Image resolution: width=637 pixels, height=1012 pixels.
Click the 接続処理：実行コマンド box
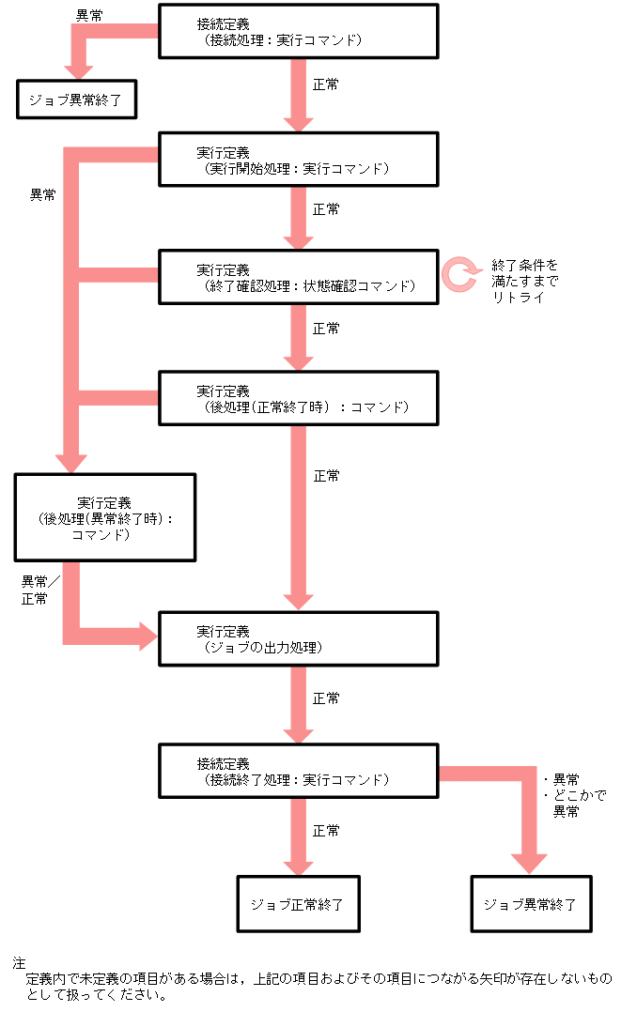(x=298, y=31)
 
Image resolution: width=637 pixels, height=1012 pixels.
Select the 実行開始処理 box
(x=298, y=160)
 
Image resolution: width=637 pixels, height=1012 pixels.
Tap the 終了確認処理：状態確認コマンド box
(x=298, y=276)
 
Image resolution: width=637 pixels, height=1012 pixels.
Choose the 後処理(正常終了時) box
(x=298, y=398)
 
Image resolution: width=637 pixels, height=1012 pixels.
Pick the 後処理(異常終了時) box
(x=104, y=517)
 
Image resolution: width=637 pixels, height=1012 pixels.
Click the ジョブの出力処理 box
(x=298, y=638)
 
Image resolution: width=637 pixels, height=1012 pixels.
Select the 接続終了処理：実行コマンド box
(x=298, y=771)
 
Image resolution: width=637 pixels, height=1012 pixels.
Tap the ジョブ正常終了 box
(x=298, y=904)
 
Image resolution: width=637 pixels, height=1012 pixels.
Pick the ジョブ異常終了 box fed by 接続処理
(x=76, y=99)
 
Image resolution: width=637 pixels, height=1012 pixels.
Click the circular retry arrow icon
(x=460, y=273)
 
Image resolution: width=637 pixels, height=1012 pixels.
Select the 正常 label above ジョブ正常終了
(x=326, y=831)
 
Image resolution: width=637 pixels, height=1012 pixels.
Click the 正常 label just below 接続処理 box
(x=326, y=84)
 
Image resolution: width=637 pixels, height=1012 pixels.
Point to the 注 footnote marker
(x=19, y=963)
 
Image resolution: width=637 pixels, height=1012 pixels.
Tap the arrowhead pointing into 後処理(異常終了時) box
(x=71, y=464)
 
